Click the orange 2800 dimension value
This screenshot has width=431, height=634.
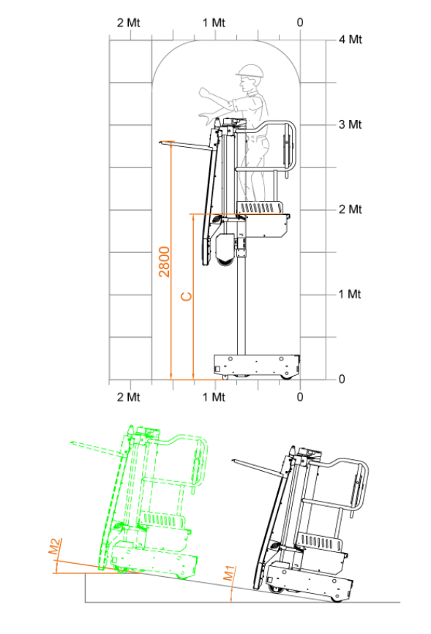[165, 262]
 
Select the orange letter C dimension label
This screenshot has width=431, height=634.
[186, 296]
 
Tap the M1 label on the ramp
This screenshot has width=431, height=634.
[229, 573]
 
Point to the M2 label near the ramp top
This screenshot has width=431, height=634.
[55, 546]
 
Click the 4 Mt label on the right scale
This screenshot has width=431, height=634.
[351, 39]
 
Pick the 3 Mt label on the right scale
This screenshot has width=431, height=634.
[351, 124]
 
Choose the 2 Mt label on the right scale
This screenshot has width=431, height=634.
[351, 209]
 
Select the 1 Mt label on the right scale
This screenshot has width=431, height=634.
[350, 294]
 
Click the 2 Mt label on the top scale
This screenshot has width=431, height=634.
[129, 23]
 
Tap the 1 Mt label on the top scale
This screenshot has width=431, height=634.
[214, 23]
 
